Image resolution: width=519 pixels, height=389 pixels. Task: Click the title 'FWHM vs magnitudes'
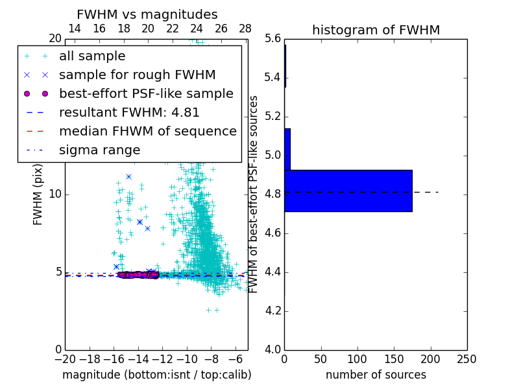(147, 14)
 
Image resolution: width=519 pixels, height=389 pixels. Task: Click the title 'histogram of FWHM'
(376, 30)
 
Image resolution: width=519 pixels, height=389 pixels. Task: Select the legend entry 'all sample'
(92, 56)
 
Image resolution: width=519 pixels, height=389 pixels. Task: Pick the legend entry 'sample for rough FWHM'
(137, 75)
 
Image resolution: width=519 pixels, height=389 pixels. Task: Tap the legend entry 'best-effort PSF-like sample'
(146, 93)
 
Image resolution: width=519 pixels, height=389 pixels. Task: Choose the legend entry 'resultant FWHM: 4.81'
(129, 112)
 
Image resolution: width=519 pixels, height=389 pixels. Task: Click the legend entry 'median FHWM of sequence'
(147, 131)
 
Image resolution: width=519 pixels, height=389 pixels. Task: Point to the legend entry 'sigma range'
(99, 150)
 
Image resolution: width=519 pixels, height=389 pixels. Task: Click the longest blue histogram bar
(348, 191)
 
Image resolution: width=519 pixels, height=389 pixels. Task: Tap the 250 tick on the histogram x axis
(466, 359)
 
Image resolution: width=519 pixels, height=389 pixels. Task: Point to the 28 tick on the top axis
(245, 29)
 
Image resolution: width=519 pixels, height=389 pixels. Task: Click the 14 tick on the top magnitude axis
(75, 29)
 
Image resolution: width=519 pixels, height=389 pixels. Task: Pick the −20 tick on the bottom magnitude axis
(65, 359)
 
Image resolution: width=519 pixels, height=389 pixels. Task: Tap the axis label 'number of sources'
(376, 375)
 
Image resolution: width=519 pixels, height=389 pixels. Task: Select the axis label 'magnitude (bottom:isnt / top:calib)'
(156, 375)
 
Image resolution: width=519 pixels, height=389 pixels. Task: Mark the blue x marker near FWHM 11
(128, 176)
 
